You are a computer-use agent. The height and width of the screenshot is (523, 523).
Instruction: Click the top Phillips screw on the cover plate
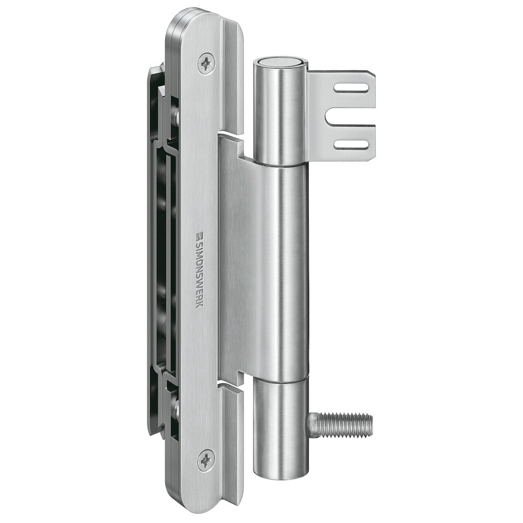(207, 64)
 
